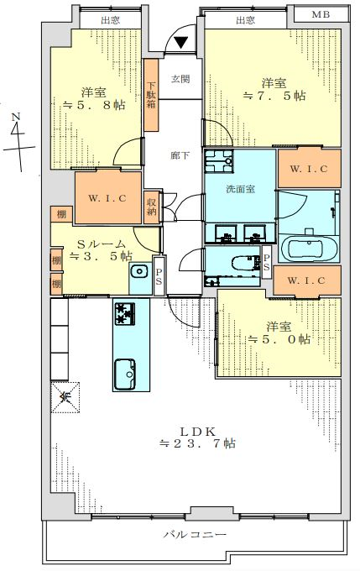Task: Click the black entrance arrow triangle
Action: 181,43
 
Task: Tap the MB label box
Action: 321,14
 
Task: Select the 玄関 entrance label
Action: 180,79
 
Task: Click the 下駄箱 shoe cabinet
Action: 151,95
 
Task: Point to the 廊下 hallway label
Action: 180,155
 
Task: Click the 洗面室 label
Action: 240,189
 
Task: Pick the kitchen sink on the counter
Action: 125,374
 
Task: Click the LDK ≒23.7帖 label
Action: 198,437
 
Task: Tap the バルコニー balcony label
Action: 195,534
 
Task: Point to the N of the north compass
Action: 15,118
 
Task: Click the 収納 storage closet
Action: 152,207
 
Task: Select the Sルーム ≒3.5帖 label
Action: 101,250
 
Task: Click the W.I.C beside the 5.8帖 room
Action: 108,197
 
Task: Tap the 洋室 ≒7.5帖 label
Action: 274,90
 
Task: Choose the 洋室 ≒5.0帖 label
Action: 279,333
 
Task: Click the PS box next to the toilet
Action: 267,263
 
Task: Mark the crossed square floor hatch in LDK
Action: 65,397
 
